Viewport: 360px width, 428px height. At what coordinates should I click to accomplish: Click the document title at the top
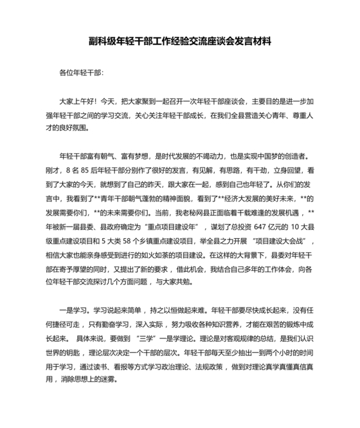tap(179, 42)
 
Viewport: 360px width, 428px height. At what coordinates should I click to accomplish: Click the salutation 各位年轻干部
tap(80, 73)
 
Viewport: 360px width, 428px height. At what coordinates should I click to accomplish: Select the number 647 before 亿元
tap(248, 228)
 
